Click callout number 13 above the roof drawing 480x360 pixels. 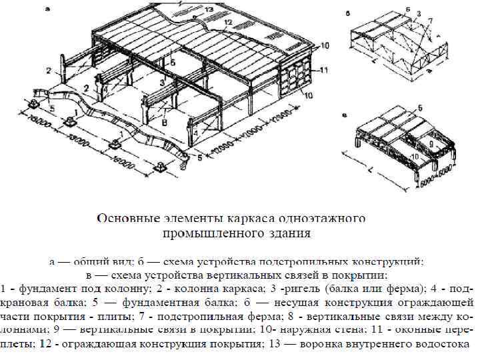(x=209, y=9)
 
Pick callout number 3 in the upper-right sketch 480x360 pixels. (x=418, y=13)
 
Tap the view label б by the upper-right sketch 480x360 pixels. (x=348, y=13)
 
